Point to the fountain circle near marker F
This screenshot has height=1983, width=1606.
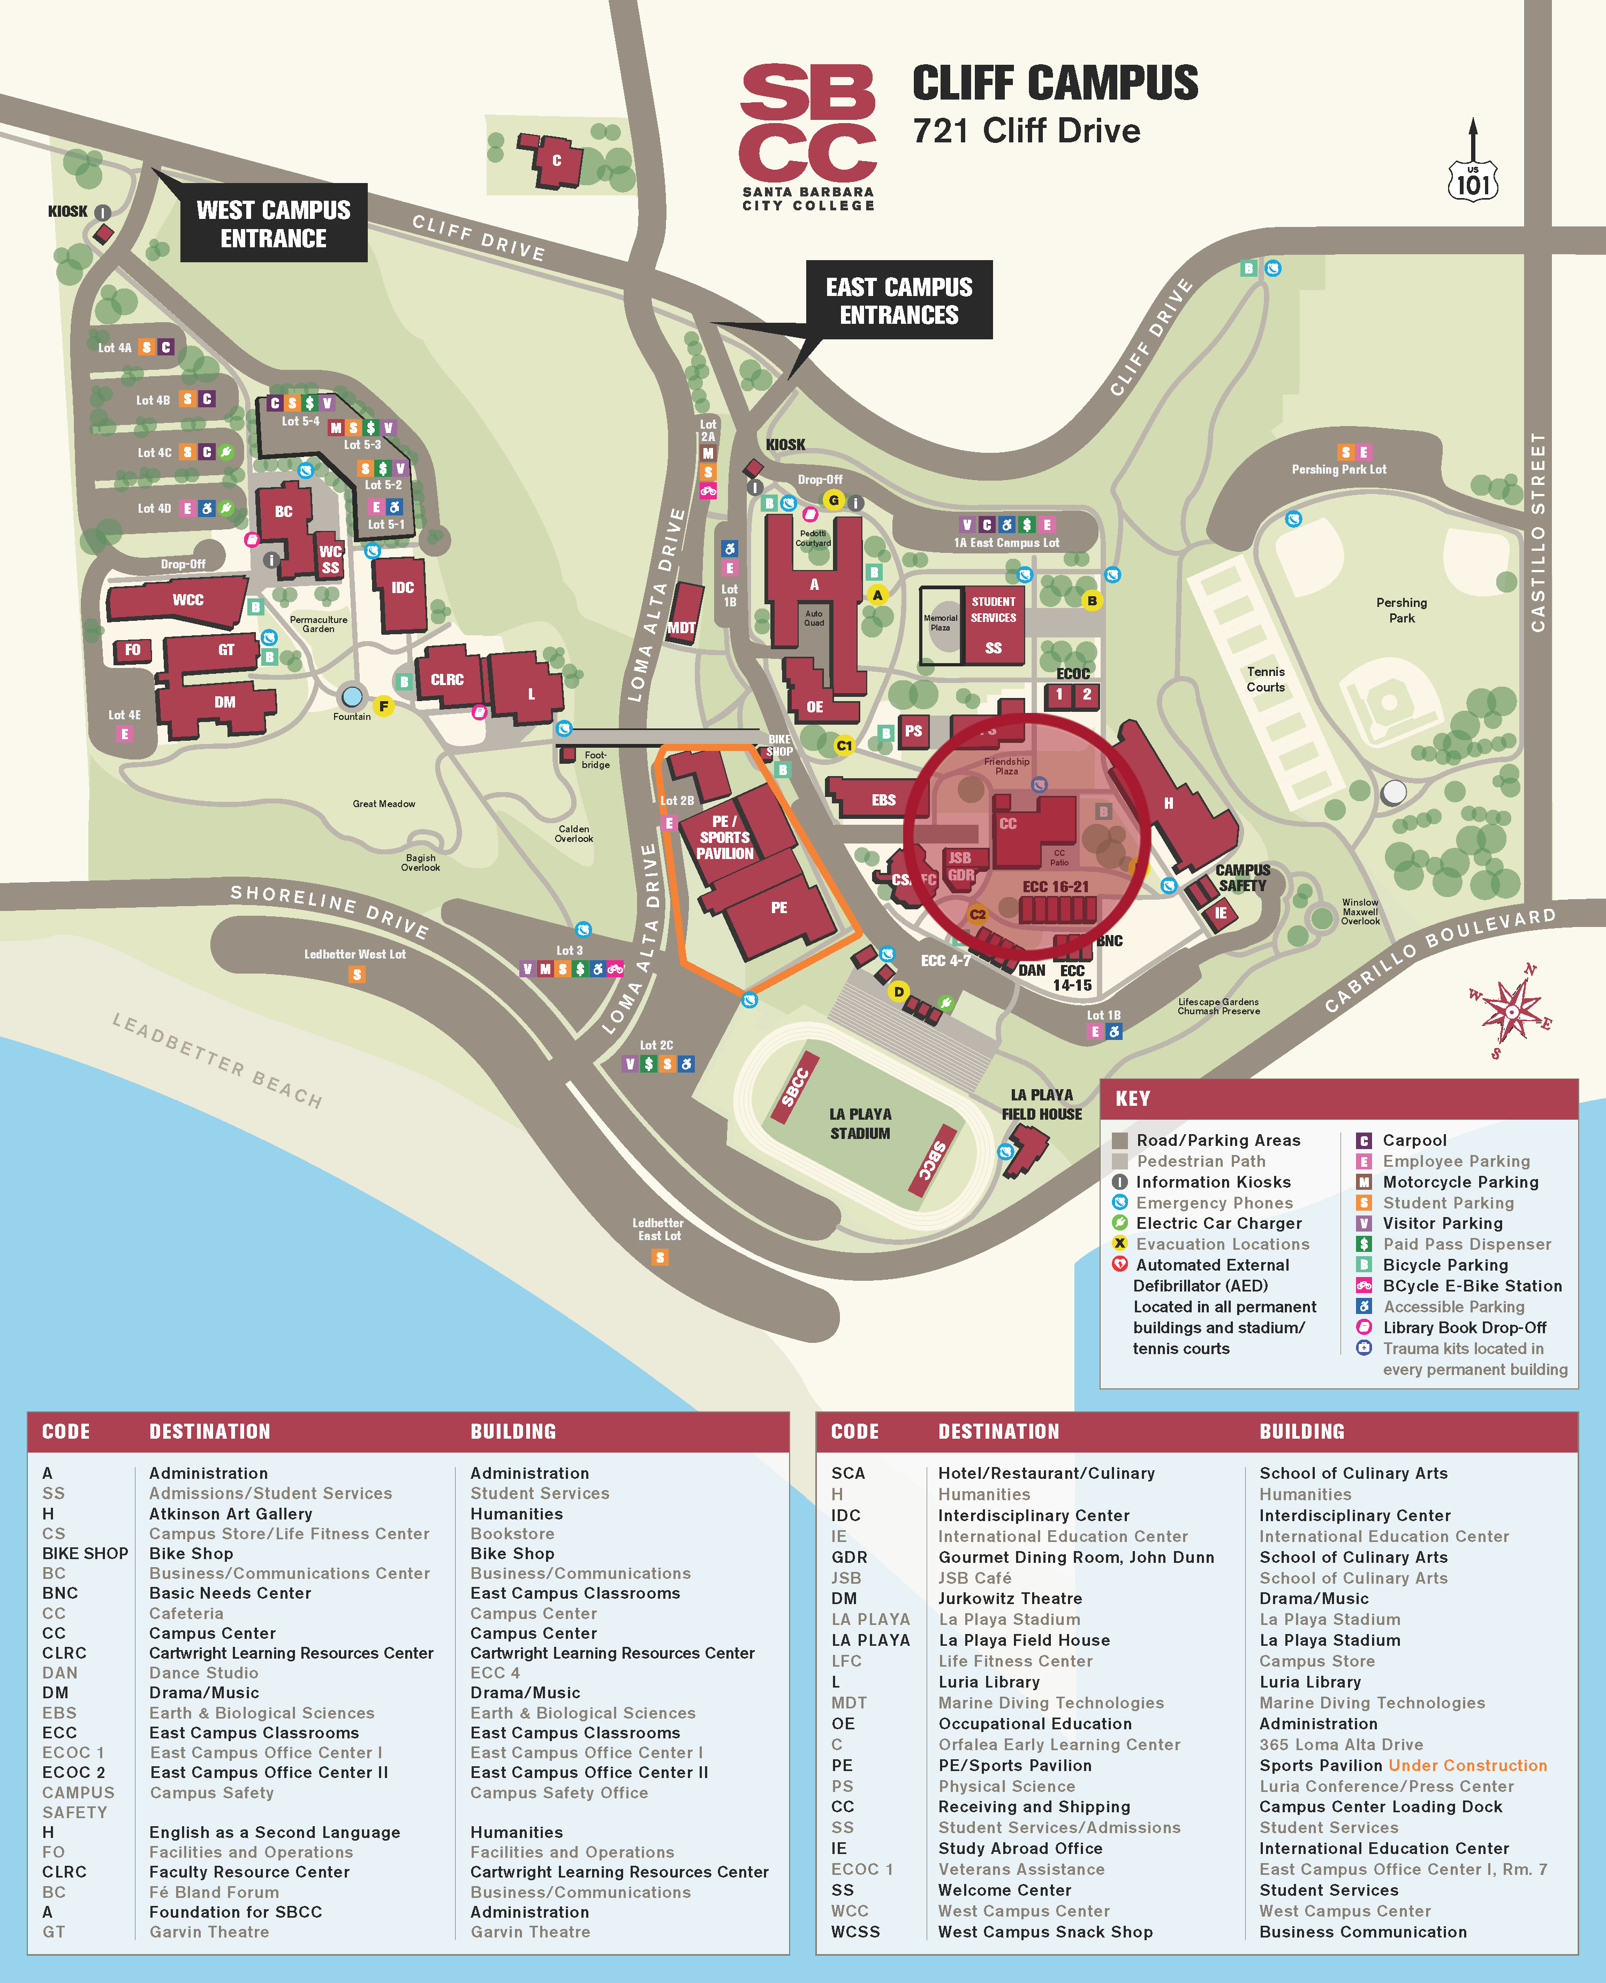(x=352, y=696)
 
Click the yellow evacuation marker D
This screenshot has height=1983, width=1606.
(x=898, y=991)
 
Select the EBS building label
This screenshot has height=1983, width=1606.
(x=883, y=800)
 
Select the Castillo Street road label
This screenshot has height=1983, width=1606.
(x=1537, y=532)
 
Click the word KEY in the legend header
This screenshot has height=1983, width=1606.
(x=1132, y=1099)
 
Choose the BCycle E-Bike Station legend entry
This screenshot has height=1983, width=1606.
(x=1471, y=1286)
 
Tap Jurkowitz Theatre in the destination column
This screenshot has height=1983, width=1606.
(x=1009, y=1598)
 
